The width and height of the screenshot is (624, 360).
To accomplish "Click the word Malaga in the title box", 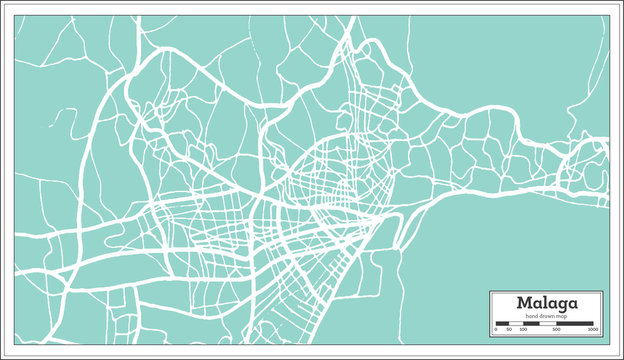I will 546,303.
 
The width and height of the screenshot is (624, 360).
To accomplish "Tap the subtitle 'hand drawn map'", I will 547,316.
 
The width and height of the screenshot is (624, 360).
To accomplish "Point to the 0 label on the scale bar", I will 497,329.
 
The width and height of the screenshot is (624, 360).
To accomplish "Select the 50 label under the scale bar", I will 508,329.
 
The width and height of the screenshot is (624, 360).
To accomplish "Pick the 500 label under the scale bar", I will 557,329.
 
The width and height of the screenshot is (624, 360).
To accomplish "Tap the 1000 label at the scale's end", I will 593,329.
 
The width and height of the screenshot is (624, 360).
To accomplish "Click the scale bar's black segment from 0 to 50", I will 502,323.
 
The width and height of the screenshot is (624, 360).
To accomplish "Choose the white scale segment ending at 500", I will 548,323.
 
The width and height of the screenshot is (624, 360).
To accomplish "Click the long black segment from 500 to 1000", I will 576,323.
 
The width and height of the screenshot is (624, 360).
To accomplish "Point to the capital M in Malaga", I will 523,303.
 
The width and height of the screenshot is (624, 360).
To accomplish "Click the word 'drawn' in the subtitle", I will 546,316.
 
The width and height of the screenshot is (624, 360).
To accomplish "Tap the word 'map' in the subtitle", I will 563,316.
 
